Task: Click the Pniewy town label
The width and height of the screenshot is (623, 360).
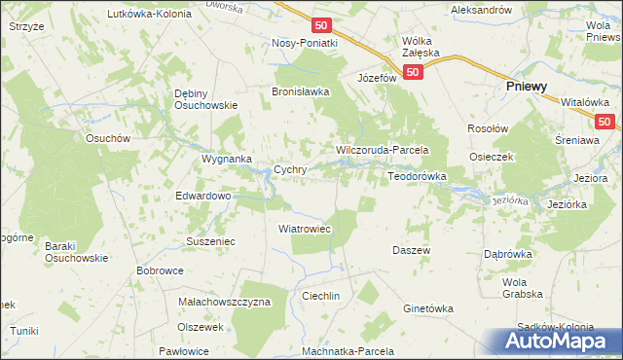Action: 526,87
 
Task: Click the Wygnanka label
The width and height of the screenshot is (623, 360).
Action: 227,158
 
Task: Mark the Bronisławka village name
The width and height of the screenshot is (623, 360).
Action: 301,91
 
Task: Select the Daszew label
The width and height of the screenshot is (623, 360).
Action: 412,250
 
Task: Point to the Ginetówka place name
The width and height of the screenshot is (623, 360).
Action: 428,308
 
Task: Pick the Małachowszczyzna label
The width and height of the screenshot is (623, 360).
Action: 224,302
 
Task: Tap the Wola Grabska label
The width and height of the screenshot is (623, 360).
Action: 522,288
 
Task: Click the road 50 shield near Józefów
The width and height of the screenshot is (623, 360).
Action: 414,72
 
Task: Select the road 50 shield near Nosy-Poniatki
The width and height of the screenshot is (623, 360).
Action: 323,24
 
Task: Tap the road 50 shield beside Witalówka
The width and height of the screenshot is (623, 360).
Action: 605,121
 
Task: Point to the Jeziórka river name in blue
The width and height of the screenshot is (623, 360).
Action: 510,199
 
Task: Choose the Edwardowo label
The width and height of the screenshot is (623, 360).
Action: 202,196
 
